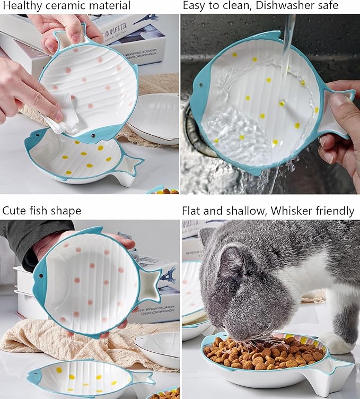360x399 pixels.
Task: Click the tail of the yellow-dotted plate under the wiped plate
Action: tap(129, 165)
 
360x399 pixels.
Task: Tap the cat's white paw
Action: tap(339, 342)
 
